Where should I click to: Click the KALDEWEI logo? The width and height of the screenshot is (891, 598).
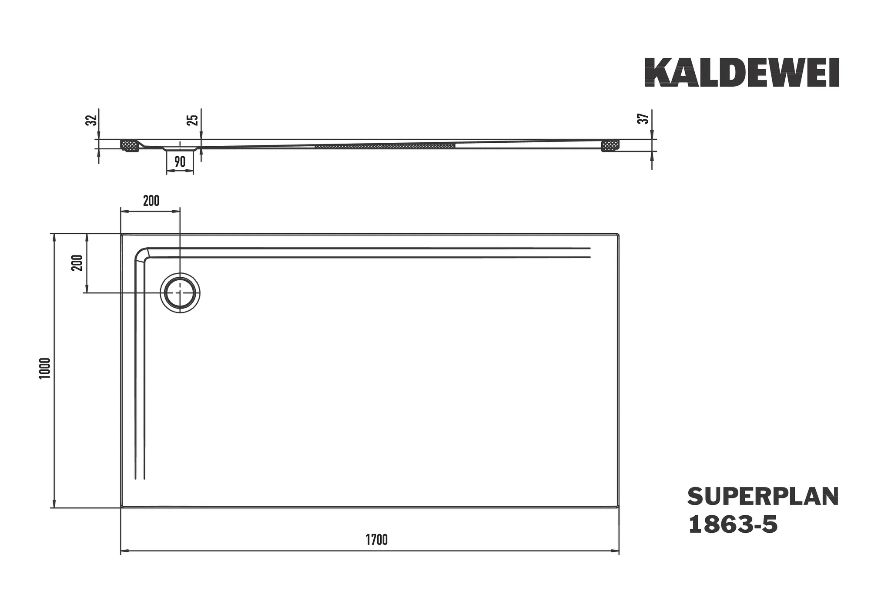pos(741,73)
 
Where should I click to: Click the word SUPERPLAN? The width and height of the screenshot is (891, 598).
pos(763,497)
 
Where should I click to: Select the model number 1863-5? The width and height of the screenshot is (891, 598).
pos(733,524)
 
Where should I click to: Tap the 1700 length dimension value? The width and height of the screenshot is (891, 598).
pos(376,540)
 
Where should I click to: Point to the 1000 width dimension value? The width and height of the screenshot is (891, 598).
pos(45,368)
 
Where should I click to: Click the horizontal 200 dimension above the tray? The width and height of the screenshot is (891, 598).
pos(151,201)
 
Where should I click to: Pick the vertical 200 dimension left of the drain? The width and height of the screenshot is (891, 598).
pos(77,262)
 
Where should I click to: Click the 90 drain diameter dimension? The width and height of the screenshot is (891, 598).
pos(180,162)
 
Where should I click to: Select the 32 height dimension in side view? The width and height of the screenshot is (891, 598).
pos(90,121)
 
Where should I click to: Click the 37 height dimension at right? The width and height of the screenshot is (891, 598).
pos(643,118)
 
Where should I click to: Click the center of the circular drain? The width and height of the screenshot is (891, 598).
pos(180,293)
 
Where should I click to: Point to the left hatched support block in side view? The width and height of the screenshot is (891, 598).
pos(129,145)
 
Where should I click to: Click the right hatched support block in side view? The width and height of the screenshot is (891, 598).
pos(610,145)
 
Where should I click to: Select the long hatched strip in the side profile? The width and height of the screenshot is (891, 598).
pos(385,145)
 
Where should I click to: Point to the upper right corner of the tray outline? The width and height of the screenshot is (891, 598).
pos(618,235)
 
